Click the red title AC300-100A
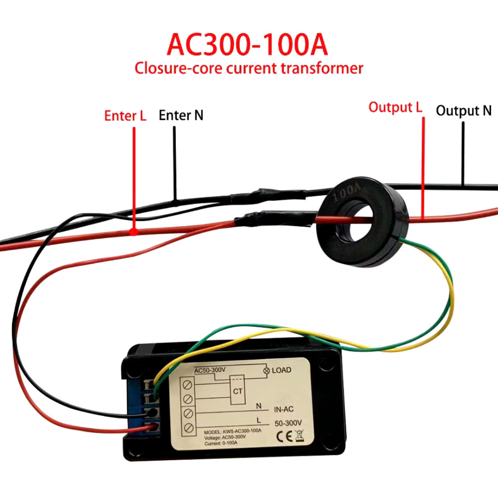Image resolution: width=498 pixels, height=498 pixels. pos(247,45)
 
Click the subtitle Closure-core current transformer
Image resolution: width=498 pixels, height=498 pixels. pos(249,68)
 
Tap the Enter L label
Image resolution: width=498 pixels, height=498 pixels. pos(125,116)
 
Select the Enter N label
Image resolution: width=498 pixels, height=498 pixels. pos(181,115)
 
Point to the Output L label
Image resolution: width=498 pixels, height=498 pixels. pos(395,107)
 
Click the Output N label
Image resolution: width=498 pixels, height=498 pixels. pos(463,111)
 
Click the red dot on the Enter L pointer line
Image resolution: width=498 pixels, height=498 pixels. pos(134,232)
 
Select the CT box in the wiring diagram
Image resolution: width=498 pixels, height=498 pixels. pos(238,391)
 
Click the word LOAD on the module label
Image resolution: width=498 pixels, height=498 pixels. pos(282,370)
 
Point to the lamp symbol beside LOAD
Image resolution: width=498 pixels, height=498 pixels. pos(267,371)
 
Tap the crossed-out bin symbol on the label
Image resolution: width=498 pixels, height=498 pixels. pos(299,435)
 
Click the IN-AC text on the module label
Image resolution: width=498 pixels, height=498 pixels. pos(284,409)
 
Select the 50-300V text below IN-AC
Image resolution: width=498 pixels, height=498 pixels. pos(288,423)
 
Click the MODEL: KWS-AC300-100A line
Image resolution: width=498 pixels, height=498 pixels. pos(233,431)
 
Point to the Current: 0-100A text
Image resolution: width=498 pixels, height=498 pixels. pos(221,443)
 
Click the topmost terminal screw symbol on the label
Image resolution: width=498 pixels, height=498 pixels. pos(188,385)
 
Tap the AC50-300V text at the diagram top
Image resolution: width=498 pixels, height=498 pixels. pos(210,370)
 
